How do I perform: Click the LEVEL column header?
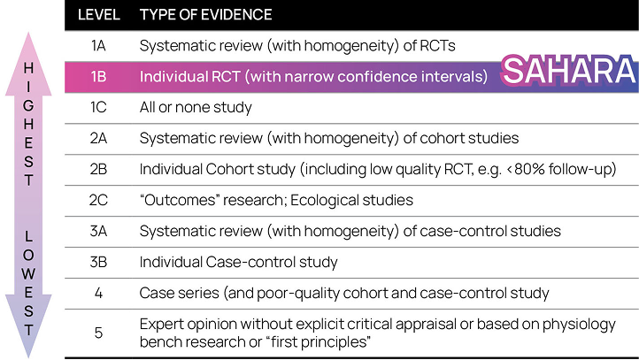[98, 15]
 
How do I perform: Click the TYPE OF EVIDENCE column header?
[206, 15]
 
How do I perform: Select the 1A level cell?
[98, 46]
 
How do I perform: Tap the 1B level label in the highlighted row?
[98, 77]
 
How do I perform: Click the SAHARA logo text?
[569, 71]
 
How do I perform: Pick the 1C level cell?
[98, 108]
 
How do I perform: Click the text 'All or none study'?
[196, 108]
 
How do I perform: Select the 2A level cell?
[98, 139]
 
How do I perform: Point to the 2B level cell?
[98, 169]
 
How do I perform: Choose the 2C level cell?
[98, 200]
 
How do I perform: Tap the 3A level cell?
[98, 231]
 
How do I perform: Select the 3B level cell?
[98, 262]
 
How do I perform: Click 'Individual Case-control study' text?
[238, 263]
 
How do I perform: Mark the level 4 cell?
[98, 293]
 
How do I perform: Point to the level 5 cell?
[98, 333]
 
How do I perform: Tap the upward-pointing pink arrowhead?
[28, 65]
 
